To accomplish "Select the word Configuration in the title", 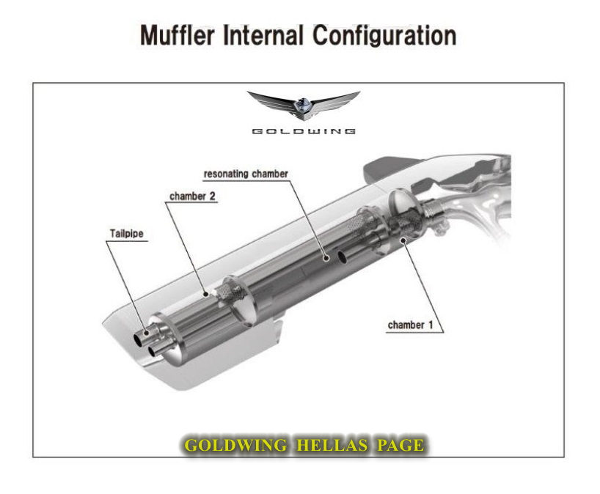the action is pos(385,35).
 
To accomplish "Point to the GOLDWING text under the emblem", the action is pos(304,131).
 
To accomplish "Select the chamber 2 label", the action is pos(192,196).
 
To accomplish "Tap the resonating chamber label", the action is pos(245,174).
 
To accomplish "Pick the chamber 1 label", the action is pos(416,324).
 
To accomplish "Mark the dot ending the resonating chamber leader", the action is pos(326,257).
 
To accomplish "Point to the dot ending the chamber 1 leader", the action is pos(401,240).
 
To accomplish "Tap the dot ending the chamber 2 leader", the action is pos(208,292).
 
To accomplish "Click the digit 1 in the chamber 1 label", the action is pos(441,324).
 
